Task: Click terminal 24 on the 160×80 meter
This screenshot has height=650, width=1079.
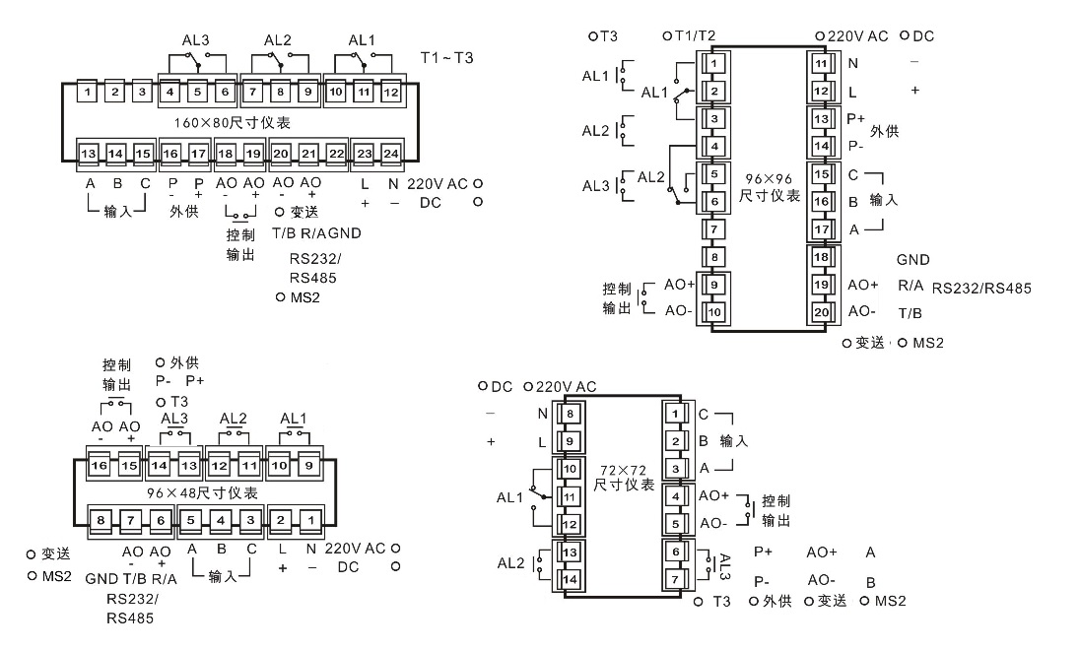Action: [x=391, y=154]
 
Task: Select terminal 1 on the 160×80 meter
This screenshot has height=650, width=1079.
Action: [x=89, y=93]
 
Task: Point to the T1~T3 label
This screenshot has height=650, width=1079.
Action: [x=447, y=57]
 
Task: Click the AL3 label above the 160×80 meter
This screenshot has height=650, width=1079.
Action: [x=197, y=41]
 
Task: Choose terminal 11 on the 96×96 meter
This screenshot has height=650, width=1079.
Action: [x=821, y=64]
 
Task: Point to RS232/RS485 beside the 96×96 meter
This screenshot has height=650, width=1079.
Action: [x=981, y=290]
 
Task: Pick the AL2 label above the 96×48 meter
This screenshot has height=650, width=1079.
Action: [x=234, y=418]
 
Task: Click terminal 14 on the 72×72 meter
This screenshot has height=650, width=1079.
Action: [x=569, y=579]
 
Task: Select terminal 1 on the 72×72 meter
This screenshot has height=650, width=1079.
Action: [x=674, y=414]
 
